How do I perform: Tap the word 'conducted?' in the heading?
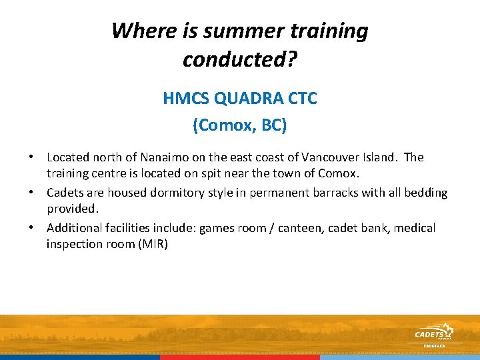pyautogui.click(x=240, y=60)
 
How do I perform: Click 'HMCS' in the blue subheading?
pyautogui.click(x=186, y=99)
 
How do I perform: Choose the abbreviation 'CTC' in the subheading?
pyautogui.click(x=303, y=99)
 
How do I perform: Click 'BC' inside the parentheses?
pyautogui.click(x=271, y=125)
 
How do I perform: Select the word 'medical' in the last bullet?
pyautogui.click(x=415, y=228)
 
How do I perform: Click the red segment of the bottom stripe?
pyautogui.click(x=240, y=357)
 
